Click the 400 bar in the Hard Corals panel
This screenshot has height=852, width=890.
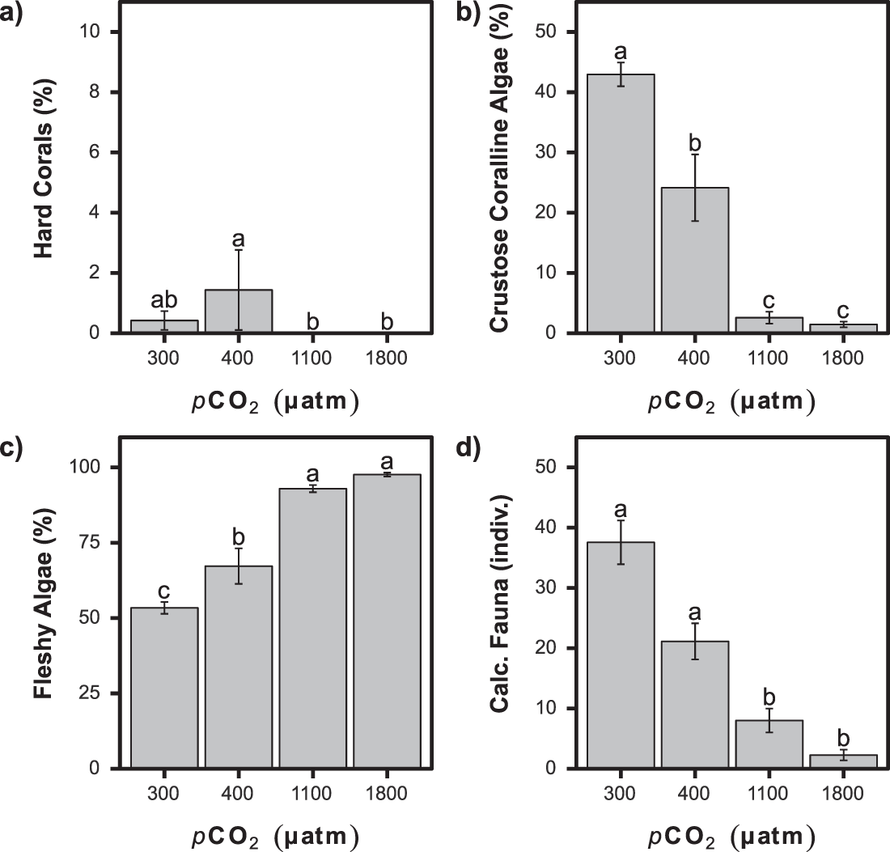[x=239, y=312]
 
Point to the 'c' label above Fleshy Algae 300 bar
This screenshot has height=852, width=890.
[x=164, y=594]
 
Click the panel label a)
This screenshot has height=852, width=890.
[x=13, y=14]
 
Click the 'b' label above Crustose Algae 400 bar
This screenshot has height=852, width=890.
[x=695, y=144]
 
